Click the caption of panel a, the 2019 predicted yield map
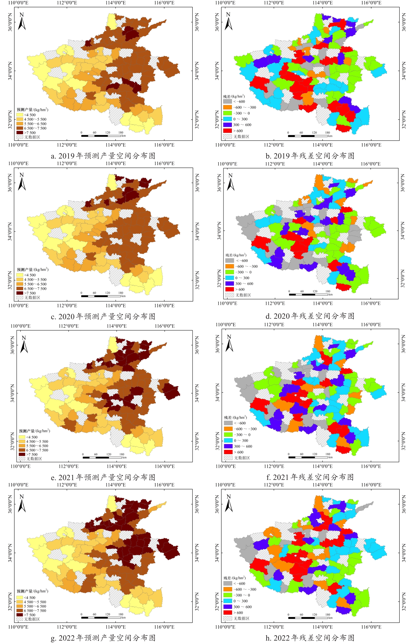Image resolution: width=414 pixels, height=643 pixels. (103, 156)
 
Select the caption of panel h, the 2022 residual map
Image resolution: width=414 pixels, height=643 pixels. (310, 638)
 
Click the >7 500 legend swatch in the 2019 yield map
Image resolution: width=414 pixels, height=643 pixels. (20, 132)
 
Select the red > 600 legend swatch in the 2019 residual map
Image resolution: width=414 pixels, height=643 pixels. (227, 131)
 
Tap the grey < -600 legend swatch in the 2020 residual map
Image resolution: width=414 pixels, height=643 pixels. (229, 260)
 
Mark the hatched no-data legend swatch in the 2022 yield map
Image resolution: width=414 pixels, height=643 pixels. (20, 619)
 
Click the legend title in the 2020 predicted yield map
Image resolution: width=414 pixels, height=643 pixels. (33, 269)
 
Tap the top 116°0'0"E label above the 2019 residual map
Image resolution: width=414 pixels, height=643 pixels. (371, 3)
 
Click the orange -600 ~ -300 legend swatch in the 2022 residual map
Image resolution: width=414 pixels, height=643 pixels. (228, 589)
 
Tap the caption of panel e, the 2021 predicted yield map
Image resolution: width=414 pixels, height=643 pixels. (103, 477)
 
